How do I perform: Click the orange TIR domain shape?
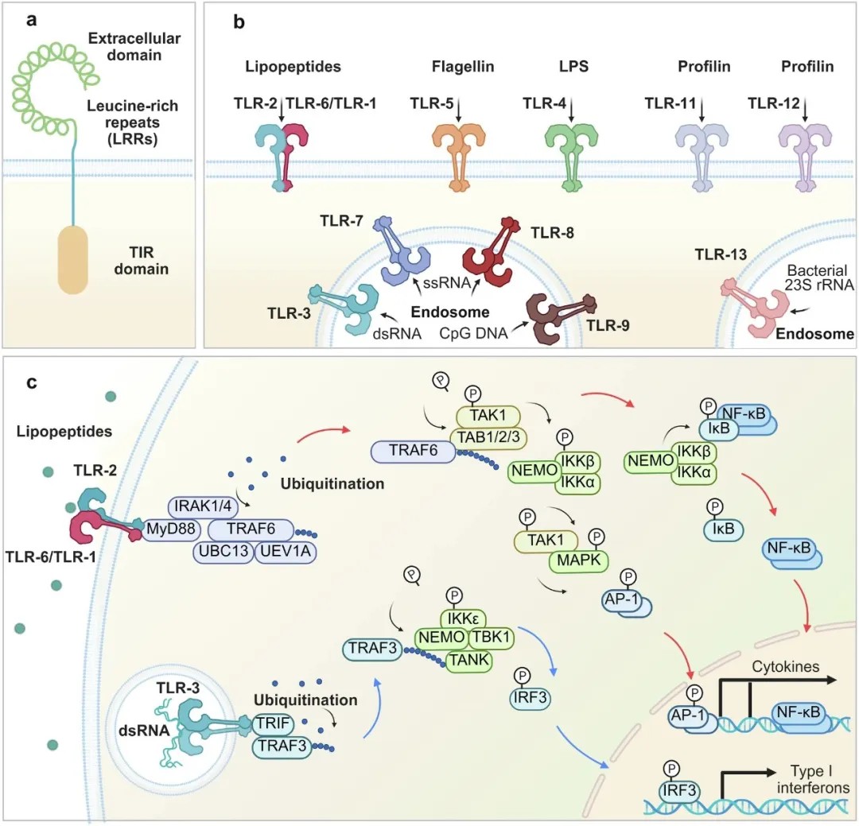tap(73, 259)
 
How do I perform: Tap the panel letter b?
tap(239, 22)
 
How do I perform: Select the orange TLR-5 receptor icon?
tap(459, 157)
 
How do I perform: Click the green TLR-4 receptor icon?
tap(571, 157)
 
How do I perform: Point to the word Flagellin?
tap(463, 66)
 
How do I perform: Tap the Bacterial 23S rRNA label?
tap(819, 277)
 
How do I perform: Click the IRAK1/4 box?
tap(203, 506)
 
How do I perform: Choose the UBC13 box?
tap(223, 551)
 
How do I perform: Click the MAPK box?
tap(578, 560)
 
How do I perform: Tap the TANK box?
tap(469, 660)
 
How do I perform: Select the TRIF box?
tap(273, 723)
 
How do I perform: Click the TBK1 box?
tap(491, 637)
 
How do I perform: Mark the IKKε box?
tap(464, 619)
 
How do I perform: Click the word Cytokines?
tap(786, 667)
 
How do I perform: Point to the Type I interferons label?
tap(813, 779)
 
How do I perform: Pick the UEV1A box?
tap(286, 551)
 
